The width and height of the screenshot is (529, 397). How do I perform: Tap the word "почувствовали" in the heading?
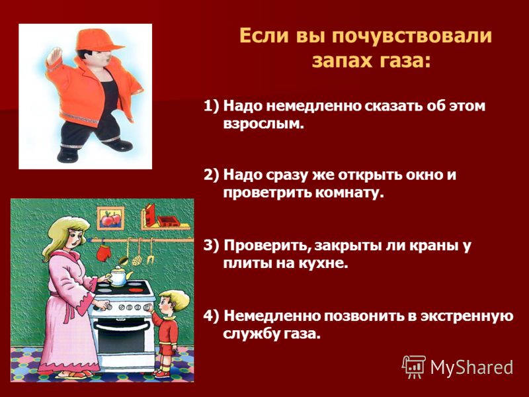(411, 36)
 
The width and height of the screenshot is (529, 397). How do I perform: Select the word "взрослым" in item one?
(263, 124)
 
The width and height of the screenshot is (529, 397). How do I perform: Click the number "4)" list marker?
(212, 316)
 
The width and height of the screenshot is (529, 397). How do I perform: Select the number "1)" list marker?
(212, 106)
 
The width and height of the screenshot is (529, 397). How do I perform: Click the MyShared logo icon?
(414, 367)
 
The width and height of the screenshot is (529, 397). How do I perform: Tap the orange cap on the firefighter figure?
(98, 40)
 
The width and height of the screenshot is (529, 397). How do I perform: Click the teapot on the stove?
(118, 275)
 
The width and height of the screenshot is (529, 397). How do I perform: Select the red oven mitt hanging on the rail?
(102, 251)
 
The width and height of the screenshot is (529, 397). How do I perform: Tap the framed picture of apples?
(110, 218)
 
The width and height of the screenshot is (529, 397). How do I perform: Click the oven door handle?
(122, 326)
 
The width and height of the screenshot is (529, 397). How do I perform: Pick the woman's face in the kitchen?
(77, 238)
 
